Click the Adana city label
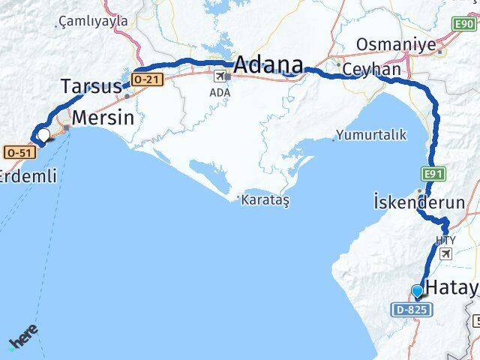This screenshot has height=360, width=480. (268, 65)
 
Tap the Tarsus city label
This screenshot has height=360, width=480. (90, 87)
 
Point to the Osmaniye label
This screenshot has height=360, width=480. (395, 45)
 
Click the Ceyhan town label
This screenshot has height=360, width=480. (373, 69)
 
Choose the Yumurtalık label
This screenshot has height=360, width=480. (370, 135)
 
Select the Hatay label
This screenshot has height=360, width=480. (451, 286)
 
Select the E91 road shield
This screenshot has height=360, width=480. (430, 174)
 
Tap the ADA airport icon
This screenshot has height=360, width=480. (220, 76)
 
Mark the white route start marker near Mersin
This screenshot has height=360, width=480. (44, 135)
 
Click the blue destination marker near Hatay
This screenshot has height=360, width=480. (417, 291)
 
